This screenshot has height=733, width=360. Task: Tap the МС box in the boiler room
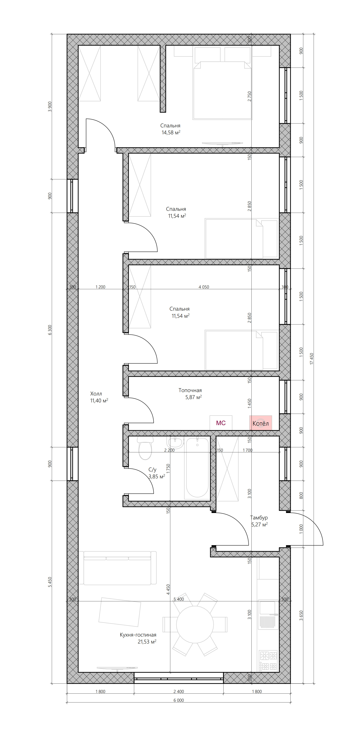pos(221,423)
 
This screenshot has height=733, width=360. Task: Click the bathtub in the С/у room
pos(197,468)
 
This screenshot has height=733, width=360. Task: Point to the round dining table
pos(195,625)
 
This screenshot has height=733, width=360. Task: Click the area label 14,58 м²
pos(171,132)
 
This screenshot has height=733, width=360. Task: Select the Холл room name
pos(96,393)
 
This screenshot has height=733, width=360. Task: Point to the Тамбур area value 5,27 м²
pos(259,524)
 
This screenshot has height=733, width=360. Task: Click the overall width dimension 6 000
pos(179,700)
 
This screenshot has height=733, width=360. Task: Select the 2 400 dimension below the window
pos(179,691)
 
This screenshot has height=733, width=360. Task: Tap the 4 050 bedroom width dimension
pos(204,287)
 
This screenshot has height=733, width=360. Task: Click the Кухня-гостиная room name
pos(138,635)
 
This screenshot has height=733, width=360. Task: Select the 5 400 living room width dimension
pos(179,599)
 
